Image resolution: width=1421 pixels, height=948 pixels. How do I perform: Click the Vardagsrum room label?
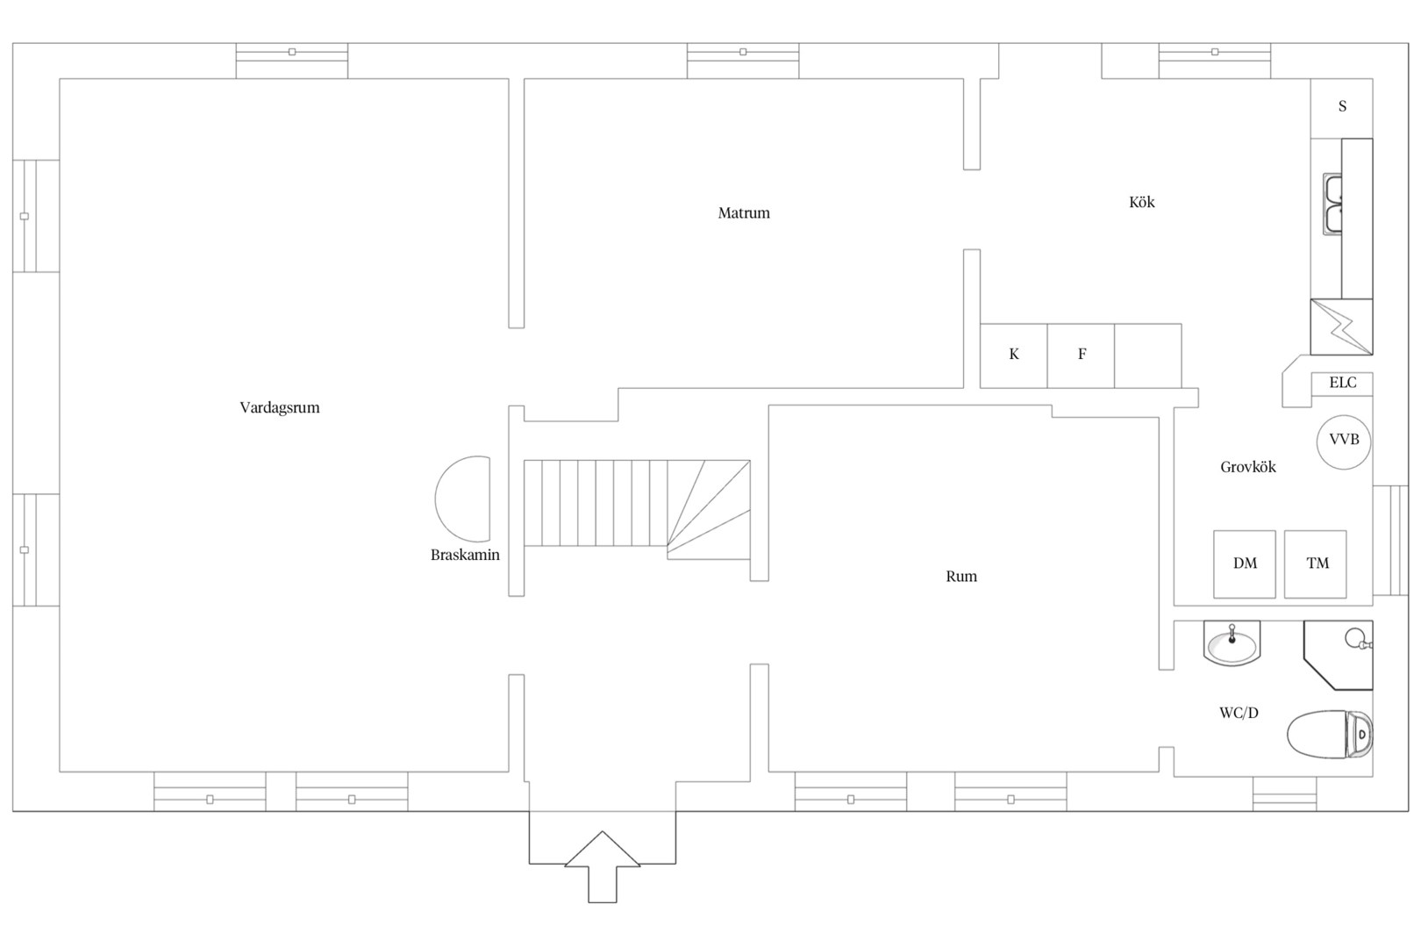280,407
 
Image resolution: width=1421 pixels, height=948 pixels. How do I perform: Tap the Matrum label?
744,212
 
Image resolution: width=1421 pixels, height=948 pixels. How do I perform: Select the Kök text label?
1142,202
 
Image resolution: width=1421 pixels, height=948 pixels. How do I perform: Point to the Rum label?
961,577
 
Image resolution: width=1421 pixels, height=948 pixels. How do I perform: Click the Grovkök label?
1248,467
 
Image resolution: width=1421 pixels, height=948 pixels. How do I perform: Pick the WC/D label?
1239,713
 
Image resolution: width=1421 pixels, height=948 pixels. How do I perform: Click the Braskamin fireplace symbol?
462,499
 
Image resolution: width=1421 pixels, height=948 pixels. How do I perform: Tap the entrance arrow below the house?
602,866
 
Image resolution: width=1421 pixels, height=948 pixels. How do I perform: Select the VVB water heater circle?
1344,442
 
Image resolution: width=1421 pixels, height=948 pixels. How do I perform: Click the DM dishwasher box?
1245,564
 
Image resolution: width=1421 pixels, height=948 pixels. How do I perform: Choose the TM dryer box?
1316,564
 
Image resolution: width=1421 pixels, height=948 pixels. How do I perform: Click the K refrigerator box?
1014,355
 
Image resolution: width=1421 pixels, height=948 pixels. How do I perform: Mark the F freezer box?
1081,355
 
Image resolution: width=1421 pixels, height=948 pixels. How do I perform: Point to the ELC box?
1342,384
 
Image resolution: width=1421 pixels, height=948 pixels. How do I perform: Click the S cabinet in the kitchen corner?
1342,108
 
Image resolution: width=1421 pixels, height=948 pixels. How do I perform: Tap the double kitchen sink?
1332,204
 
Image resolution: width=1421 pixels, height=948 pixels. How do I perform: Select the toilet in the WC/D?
1330,734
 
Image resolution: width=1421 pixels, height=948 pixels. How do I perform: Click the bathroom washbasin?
1232,644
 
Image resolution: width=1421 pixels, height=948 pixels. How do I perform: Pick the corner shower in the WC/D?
1339,655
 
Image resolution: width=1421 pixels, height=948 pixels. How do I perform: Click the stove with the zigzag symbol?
1342,327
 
